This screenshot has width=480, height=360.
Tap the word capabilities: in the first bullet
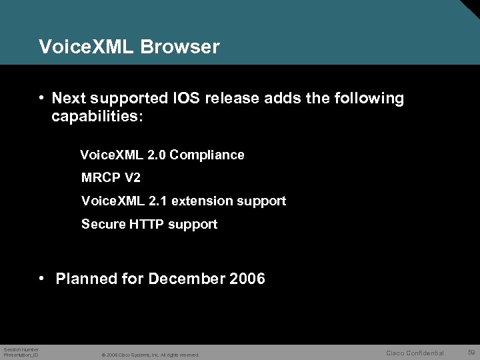97,117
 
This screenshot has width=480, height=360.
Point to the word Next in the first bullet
69,99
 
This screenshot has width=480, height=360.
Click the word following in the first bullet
369,99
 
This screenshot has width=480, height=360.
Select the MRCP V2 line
111,178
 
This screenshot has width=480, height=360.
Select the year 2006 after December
247,279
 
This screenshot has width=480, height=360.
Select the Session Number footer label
21,349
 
